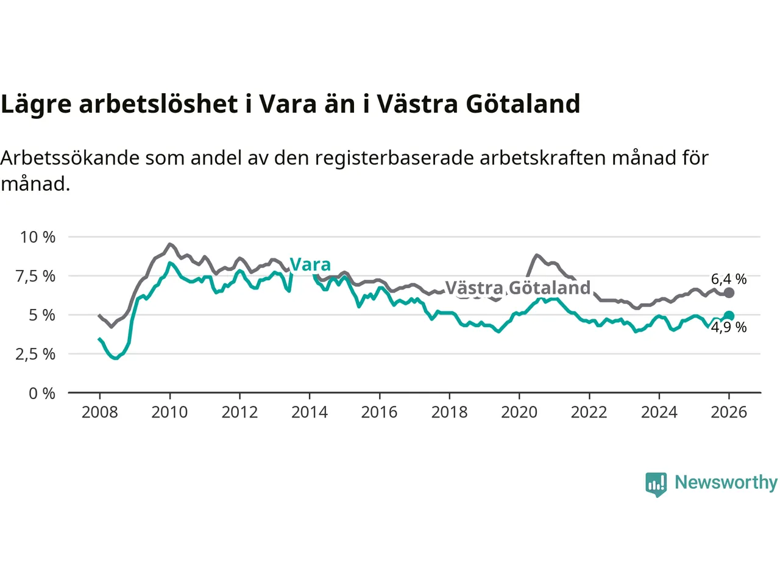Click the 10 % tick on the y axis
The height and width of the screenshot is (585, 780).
[38, 237]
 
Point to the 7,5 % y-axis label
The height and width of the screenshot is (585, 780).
[35, 276]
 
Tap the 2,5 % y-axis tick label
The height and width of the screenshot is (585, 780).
[35, 354]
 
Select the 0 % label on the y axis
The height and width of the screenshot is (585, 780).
[42, 394]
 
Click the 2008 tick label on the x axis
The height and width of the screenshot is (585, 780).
[99, 413]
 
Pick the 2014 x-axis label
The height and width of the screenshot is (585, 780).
[310, 413]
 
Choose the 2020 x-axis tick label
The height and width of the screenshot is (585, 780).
[519, 413]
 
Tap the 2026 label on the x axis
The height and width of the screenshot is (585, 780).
[729, 413]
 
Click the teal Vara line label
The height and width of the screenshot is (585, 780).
[310, 264]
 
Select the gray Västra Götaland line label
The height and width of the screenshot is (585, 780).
[518, 288]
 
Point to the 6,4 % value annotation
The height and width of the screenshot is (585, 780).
[729, 279]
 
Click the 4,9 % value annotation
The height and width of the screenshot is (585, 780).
[729, 327]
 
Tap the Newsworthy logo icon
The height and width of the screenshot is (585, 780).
[656, 484]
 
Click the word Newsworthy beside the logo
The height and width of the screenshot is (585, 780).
[726, 482]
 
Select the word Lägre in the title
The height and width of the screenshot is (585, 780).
[36, 104]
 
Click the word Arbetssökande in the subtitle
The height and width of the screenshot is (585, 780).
[70, 158]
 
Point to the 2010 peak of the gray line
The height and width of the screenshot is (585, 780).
[169, 244]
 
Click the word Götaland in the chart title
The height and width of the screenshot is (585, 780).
[523, 104]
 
